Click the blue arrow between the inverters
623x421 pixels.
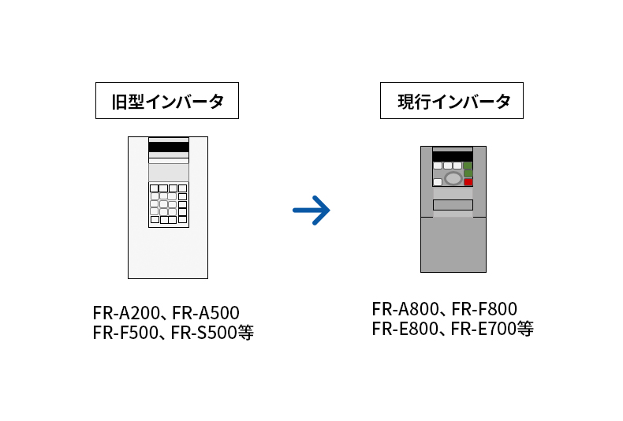click(311, 210)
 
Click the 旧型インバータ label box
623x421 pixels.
click(166, 101)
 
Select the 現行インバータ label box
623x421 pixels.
click(451, 101)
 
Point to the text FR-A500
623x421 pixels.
click(205, 313)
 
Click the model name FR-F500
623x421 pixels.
click(125, 333)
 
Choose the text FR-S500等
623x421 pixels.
click(212, 333)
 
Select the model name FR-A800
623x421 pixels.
click(405, 309)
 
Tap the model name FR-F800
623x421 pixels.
click(483, 309)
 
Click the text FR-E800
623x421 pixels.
click(405, 329)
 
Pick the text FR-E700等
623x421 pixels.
click(492, 329)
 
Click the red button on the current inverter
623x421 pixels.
click(468, 182)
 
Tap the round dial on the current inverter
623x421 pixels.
click(453, 179)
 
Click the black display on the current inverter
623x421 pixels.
click(452, 156)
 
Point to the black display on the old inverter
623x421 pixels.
click(168, 147)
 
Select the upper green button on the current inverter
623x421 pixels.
click(468, 166)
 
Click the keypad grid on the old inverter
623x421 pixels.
click(168, 203)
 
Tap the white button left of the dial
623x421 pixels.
click(438, 182)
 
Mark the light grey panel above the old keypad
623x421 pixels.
click(168, 172)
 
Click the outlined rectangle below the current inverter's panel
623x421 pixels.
click(453, 205)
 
